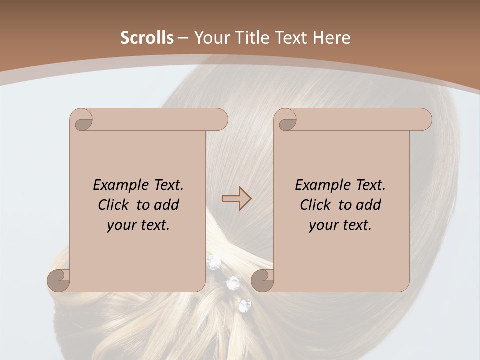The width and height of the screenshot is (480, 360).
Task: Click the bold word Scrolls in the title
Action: click(147, 38)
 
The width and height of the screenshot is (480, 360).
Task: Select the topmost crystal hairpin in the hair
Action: click(214, 262)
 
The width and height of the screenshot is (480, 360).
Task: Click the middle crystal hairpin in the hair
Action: click(233, 283)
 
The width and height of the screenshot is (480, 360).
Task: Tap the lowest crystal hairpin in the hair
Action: click(245, 305)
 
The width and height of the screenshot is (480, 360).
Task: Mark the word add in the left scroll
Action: click(167, 205)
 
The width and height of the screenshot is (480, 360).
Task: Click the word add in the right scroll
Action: click(369, 205)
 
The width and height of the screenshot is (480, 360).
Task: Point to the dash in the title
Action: click(183, 38)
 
